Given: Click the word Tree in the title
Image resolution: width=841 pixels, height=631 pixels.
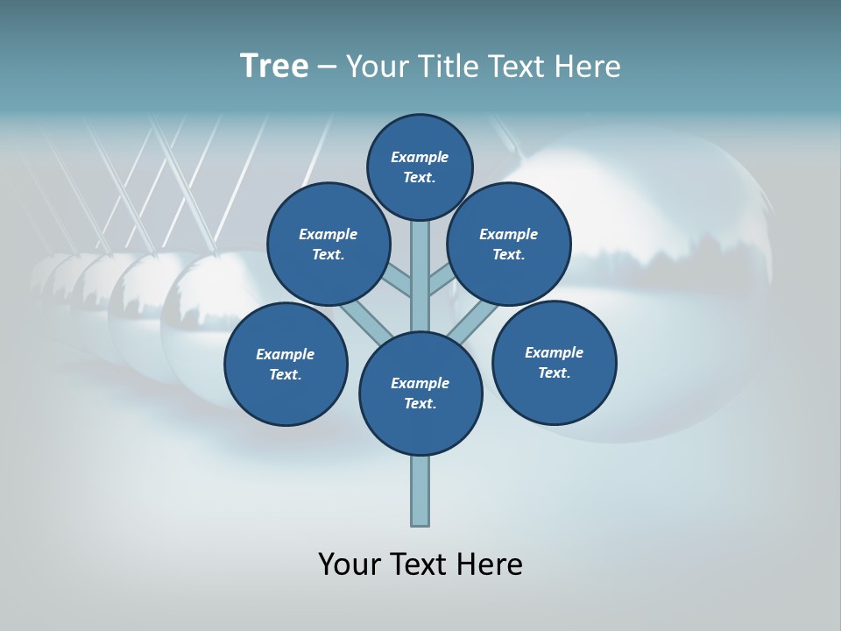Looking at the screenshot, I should [x=274, y=66].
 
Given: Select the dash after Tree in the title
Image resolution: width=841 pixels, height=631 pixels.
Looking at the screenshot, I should [x=327, y=67].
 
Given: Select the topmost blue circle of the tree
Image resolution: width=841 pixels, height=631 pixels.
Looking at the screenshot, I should [x=420, y=167].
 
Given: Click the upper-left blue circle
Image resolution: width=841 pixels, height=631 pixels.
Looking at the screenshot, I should [x=329, y=244].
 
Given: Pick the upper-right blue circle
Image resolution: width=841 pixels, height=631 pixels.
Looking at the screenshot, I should [x=509, y=244].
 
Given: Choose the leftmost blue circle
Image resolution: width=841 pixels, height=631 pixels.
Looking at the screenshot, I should [x=286, y=364].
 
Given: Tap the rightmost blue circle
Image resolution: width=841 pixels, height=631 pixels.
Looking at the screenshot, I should [x=555, y=362].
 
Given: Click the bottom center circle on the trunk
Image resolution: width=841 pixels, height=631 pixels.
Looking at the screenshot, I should [x=420, y=393].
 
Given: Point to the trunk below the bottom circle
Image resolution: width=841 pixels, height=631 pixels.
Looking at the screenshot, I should [x=420, y=491].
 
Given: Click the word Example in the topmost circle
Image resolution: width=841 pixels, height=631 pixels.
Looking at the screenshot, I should [x=420, y=157].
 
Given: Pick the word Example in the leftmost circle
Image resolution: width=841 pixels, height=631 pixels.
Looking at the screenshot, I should [x=285, y=354].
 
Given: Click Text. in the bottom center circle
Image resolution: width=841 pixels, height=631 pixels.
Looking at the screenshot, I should [x=420, y=403].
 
